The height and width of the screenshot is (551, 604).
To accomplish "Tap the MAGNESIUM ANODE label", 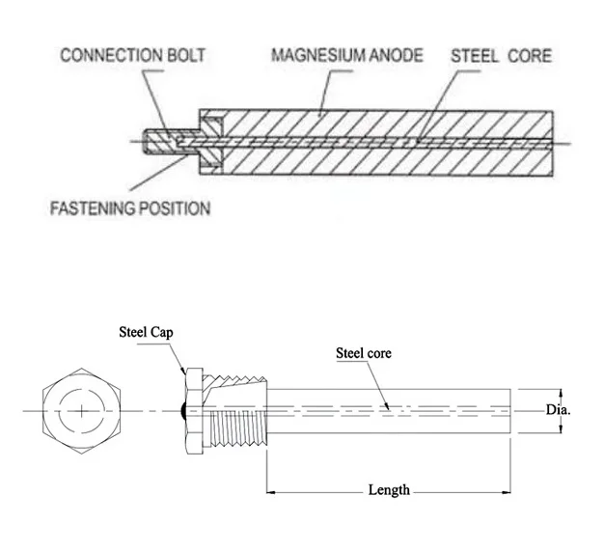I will point(346,55).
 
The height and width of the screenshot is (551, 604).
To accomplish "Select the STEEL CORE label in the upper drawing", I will point(502,55).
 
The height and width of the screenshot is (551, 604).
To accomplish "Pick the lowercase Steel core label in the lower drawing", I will point(363,352).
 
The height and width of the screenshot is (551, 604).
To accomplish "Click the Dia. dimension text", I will point(560,409).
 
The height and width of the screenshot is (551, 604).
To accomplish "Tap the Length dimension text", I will point(389,490).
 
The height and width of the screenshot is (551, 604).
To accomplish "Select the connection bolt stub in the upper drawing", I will point(160,141).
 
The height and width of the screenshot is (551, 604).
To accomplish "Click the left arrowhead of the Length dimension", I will point(271,491).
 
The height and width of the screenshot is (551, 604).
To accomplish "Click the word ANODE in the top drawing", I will point(394,55).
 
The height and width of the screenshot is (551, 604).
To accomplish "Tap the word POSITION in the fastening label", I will point(173,207).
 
